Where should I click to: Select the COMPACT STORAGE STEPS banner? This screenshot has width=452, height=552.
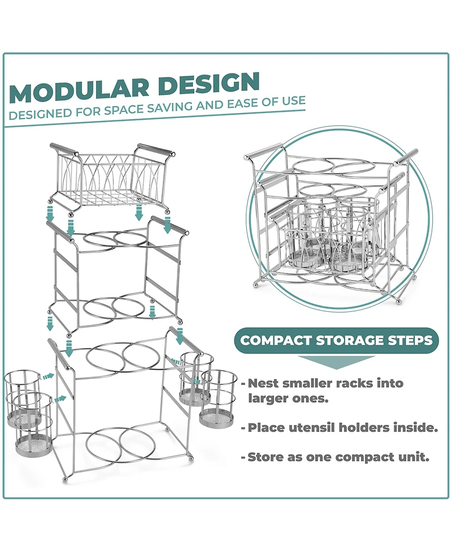click(337, 341)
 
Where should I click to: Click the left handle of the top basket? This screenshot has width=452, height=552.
click(61, 150)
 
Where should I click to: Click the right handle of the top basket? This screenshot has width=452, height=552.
click(154, 150)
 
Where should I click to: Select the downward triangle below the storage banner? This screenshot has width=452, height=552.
click(336, 362)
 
